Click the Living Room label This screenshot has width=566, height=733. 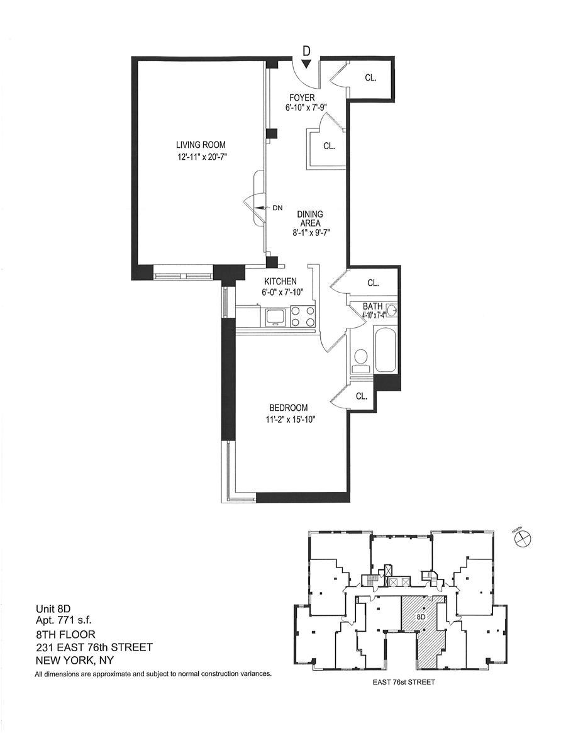click(x=201, y=145)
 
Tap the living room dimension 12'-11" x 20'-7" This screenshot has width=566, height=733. click(x=201, y=157)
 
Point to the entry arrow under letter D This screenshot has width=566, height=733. click(x=306, y=64)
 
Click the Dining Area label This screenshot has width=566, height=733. click(x=310, y=219)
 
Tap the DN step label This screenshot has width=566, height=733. click(x=277, y=208)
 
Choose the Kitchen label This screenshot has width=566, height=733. click(x=280, y=281)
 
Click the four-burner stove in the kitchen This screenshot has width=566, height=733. click(x=302, y=316)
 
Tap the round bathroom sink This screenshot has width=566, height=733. click(x=392, y=309)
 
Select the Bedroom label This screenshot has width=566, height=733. click(x=289, y=408)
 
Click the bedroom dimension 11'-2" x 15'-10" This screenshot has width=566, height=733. click(x=289, y=419)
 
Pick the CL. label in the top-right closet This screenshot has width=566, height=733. click(x=370, y=78)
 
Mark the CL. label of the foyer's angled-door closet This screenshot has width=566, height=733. click(x=329, y=147)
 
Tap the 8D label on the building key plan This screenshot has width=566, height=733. click(x=421, y=617)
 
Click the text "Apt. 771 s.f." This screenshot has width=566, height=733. click(x=64, y=620)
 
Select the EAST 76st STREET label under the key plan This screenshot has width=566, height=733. click(x=404, y=695)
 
